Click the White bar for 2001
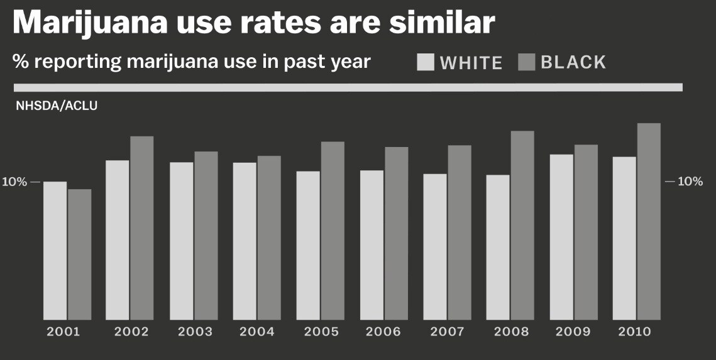55,251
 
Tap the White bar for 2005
308,246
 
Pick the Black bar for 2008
522,226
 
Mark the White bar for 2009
561,237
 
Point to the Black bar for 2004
269,238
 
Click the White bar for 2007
435,247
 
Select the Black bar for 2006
397,234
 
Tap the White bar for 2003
182,241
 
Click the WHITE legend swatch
426,62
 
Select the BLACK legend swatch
526,62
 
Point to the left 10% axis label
14,182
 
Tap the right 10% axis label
690,182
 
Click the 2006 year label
383,332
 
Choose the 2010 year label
636,332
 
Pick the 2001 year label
63,332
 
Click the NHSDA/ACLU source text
57,106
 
